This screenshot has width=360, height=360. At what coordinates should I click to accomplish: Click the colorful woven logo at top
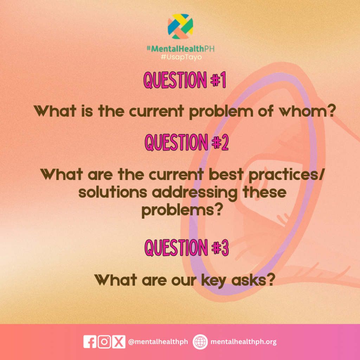click(180, 26)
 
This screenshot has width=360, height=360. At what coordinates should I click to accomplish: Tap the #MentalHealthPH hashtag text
click(180, 49)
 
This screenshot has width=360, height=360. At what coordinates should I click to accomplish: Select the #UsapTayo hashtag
click(181, 57)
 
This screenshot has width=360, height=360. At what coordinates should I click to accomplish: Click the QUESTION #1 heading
click(185, 80)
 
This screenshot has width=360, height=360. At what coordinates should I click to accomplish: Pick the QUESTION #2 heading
click(186, 142)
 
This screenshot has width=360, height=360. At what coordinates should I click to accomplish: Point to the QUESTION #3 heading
click(186, 247)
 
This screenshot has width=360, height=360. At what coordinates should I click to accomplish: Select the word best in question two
click(226, 174)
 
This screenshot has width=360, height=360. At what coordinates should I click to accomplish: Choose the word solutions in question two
click(113, 192)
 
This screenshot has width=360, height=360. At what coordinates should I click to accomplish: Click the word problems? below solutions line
click(182, 211)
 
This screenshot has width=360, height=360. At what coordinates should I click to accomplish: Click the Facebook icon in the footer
click(90, 342)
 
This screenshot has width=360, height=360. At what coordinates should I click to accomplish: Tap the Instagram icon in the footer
click(104, 342)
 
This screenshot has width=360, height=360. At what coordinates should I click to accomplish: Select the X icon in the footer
click(119, 342)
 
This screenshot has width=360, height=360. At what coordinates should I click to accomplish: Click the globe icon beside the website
click(200, 342)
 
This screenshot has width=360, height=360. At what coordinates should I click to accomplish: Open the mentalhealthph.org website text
click(243, 342)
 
